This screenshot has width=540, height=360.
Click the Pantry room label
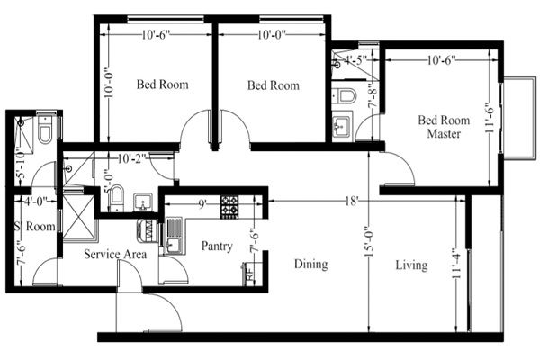(217, 247)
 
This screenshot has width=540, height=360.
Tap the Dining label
(311, 265)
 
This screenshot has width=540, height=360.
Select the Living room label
(411, 265)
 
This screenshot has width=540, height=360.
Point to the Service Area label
(115, 254)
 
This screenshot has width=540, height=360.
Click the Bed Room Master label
(444, 127)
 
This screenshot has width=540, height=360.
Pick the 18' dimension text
(351, 201)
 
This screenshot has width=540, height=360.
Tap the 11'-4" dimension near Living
(457, 264)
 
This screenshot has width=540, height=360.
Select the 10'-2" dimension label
(131, 158)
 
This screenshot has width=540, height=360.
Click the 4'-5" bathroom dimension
(355, 60)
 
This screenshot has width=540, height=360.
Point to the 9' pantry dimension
(202, 204)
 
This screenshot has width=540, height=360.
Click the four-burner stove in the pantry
(229, 207)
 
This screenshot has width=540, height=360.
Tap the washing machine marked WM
(148, 230)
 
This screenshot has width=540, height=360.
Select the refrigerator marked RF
(248, 274)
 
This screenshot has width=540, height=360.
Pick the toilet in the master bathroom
(345, 95)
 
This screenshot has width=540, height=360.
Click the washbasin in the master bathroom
(342, 125)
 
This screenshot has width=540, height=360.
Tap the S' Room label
(35, 227)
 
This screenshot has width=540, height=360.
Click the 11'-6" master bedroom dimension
(490, 118)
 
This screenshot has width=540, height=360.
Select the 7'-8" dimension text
(373, 96)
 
